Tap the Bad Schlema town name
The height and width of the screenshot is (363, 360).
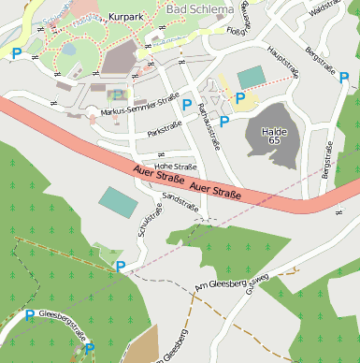(x=200, y=9)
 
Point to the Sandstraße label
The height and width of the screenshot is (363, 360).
(x=180, y=202)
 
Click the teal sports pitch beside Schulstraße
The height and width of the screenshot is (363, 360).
(x=118, y=200)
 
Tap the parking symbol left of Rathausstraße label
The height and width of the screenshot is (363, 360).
(x=186, y=105)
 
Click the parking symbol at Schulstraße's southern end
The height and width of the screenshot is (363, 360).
(x=120, y=267)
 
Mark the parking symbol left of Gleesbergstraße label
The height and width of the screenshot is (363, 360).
(x=29, y=315)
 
